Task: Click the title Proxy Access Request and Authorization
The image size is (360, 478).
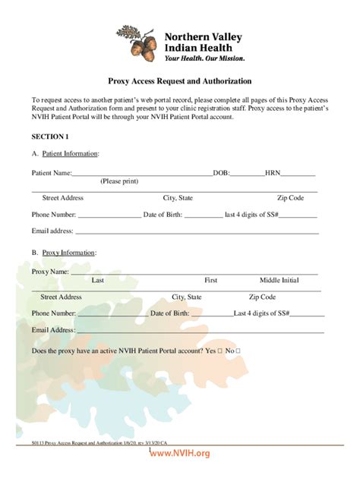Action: [179, 81]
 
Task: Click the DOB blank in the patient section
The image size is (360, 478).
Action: [247, 174]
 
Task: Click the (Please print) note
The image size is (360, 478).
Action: [119, 181]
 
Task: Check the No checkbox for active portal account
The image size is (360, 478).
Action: [238, 351]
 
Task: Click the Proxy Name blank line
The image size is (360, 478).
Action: [194, 272]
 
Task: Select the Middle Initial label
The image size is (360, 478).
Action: [279, 280]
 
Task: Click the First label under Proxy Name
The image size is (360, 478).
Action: [210, 280]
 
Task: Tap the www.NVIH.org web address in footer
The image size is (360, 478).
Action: [179, 453]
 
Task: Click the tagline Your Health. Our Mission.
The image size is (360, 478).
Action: [205, 57]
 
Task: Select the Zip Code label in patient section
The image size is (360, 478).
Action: [290, 198]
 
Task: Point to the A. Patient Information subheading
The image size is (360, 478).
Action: [65, 154]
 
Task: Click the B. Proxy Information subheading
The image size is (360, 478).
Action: [64, 252]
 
